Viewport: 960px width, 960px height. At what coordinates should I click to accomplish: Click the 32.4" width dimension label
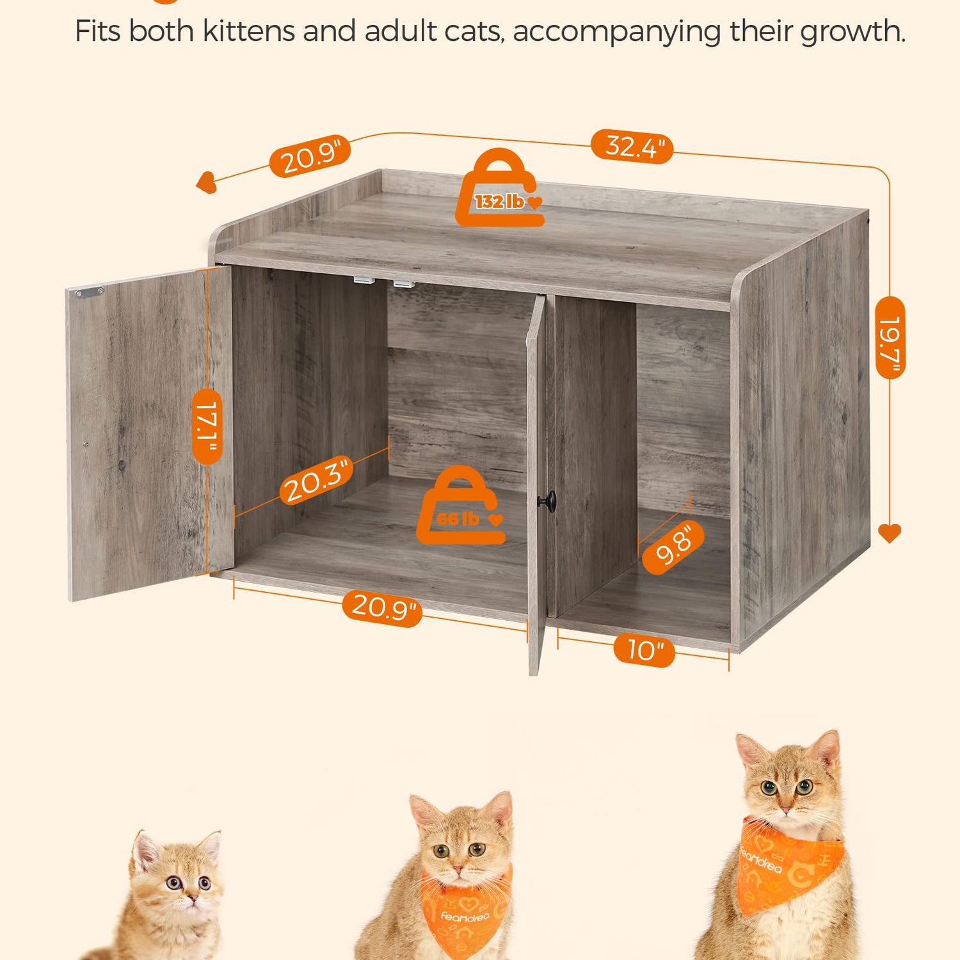[x=631, y=147]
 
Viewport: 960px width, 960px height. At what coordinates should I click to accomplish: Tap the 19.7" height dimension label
[x=890, y=337]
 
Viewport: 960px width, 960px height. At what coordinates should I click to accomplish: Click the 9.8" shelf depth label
[x=673, y=547]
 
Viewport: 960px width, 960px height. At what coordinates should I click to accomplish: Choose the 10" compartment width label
[x=644, y=650]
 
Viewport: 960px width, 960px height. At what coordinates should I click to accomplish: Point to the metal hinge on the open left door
[x=90, y=292]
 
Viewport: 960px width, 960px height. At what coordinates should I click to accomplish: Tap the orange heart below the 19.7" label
[x=890, y=533]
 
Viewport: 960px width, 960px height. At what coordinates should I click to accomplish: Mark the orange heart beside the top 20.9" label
[x=206, y=182]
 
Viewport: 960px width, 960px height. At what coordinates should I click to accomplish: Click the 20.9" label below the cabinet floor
[x=382, y=606]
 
